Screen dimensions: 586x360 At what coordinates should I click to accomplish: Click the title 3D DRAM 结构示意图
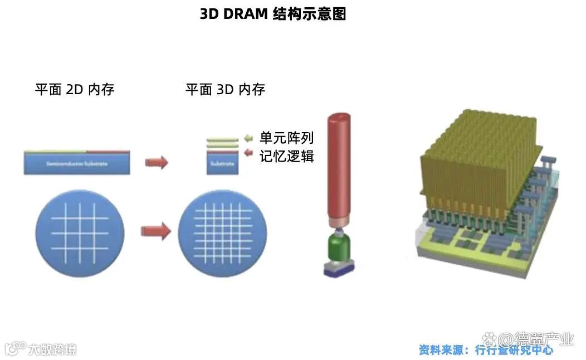[273, 14]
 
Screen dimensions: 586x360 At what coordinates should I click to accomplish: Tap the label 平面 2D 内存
[75, 89]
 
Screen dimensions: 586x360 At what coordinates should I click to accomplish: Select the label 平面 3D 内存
[225, 89]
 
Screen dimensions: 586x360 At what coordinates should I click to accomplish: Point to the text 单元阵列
[287, 138]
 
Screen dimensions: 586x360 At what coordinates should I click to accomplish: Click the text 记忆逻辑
[287, 156]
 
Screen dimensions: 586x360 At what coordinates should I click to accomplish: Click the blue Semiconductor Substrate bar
[77, 164]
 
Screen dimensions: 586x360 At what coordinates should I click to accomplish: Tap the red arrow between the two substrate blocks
[156, 162]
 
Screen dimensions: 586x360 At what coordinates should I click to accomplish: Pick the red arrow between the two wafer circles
[155, 230]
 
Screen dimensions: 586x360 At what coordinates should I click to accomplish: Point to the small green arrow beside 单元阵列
[248, 138]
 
